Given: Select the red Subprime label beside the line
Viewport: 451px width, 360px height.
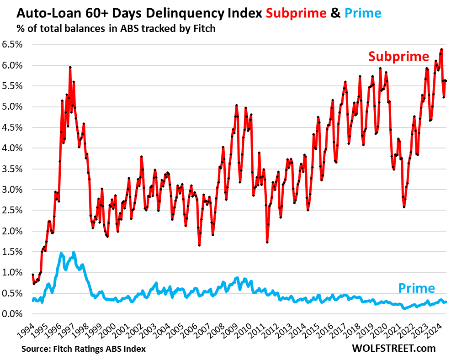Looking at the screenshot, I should point(398,57).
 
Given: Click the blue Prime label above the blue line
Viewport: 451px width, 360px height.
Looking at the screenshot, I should point(416,288).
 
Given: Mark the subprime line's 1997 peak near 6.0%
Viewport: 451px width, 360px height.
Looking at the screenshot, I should point(70,67).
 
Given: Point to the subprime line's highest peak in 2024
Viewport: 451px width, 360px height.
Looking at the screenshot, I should point(441,49).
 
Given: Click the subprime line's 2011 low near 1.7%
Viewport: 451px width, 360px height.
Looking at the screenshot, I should point(267,242).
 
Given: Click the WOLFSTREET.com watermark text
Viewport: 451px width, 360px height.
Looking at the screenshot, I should point(393,348).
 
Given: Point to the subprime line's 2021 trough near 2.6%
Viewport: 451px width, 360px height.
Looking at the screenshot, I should point(404,207).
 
